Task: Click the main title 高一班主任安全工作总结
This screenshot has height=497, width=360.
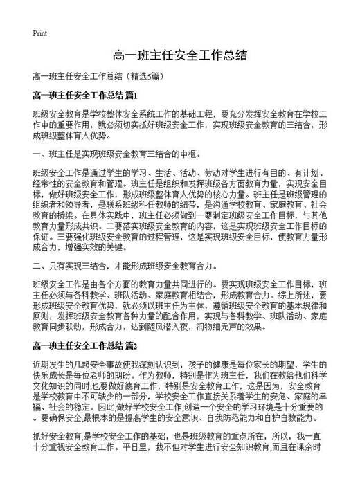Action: coord(179,55)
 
